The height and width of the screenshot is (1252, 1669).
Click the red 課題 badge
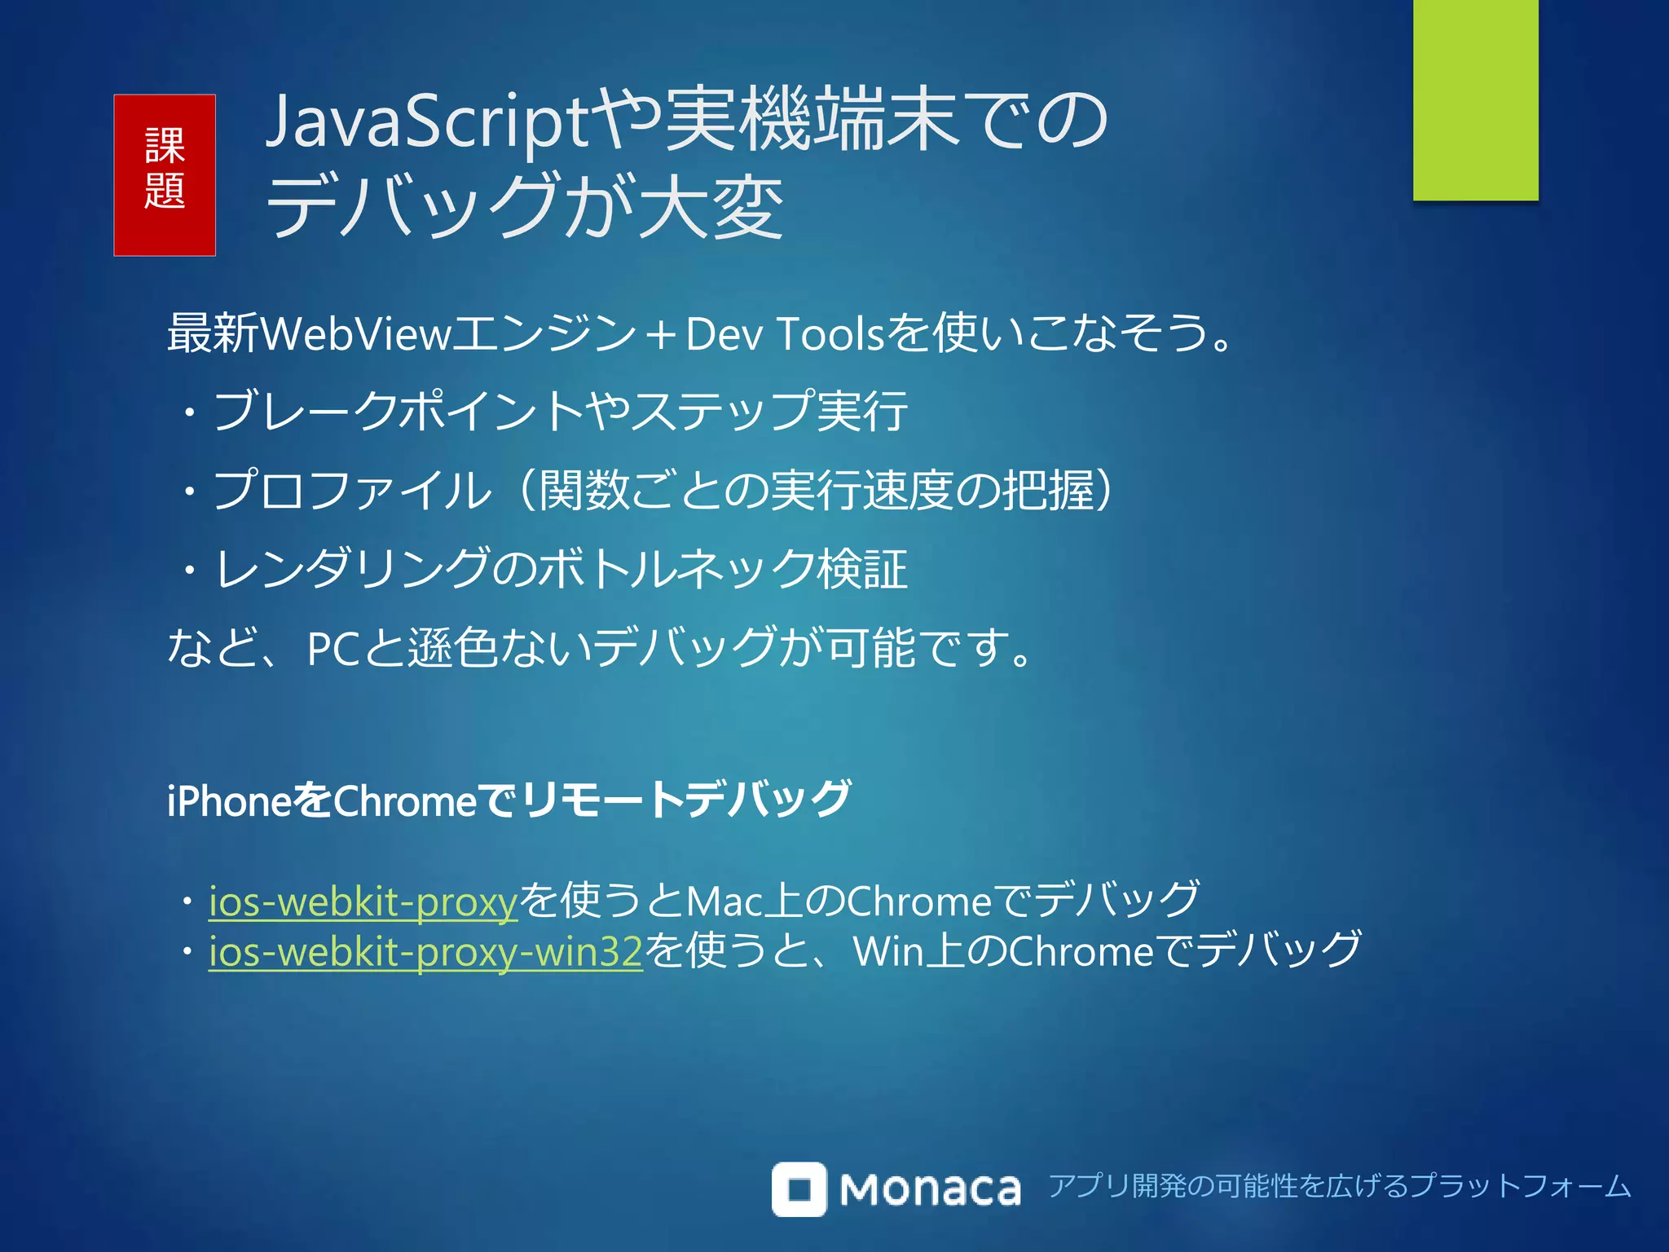(165, 175)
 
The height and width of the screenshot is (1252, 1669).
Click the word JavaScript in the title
(427, 122)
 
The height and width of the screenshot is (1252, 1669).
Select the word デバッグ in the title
(412, 205)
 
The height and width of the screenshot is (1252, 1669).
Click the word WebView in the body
(356, 334)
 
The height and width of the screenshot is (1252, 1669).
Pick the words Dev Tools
(785, 334)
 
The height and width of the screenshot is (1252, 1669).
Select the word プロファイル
(352, 491)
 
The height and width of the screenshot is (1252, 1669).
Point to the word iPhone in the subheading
(229, 801)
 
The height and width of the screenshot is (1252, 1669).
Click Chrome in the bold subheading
(405, 801)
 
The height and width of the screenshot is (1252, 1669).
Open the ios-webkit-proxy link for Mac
(363, 902)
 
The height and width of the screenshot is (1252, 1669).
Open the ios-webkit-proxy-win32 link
(425, 951)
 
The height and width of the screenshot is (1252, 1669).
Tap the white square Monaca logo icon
(799, 1189)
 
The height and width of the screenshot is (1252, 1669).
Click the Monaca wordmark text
(930, 1190)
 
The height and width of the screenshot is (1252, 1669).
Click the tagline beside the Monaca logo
(1339, 1186)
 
